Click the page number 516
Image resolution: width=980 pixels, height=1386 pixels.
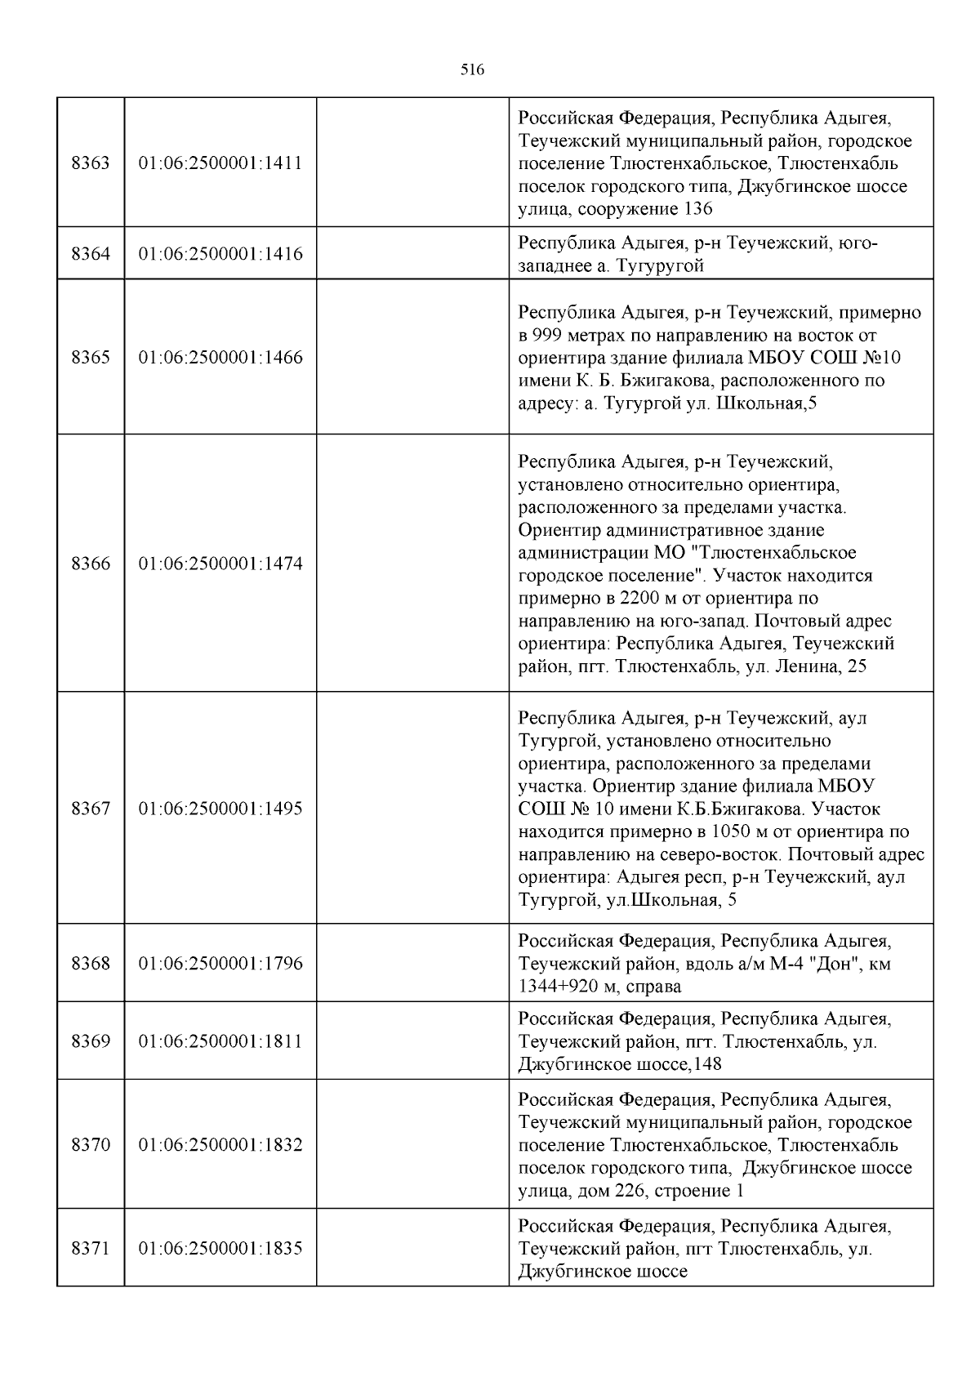[472, 70]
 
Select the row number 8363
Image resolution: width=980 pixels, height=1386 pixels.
[91, 163]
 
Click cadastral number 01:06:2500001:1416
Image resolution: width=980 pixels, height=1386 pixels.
[220, 254]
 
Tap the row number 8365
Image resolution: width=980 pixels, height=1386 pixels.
[91, 357]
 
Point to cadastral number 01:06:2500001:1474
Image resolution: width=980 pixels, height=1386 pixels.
[220, 564]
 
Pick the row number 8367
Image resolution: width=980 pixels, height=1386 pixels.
[91, 809]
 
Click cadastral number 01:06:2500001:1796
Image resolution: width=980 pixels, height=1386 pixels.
[220, 963]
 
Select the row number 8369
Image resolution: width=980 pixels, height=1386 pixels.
[91, 1041]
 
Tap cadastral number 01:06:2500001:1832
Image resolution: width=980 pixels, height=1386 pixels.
[220, 1144]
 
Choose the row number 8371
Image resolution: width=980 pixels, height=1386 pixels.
[91, 1248]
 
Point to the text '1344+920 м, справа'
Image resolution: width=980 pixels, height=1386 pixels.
[599, 986]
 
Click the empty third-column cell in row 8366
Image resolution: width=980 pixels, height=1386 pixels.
[412, 564]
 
